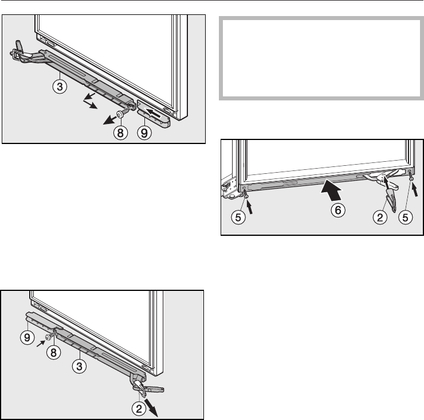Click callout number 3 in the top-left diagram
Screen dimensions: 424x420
coord(60,87)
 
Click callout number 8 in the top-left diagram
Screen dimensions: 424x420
coord(120,133)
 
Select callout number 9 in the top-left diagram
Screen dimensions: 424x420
coord(144,133)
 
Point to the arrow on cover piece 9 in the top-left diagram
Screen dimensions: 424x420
coord(154,113)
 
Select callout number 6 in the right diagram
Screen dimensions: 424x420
coord(338,210)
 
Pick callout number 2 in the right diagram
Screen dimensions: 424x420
coord(380,217)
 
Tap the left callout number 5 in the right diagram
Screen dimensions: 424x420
coord(238,217)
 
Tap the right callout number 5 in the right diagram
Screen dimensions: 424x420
coord(406,217)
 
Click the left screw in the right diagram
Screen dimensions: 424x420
coord(246,194)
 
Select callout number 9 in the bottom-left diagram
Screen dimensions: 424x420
coord(28,337)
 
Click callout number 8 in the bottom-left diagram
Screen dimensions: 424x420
coord(53,352)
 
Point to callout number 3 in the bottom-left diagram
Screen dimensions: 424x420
coord(79,367)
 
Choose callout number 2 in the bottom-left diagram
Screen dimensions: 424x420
coord(139,409)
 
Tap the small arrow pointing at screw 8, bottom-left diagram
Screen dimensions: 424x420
coord(41,344)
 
